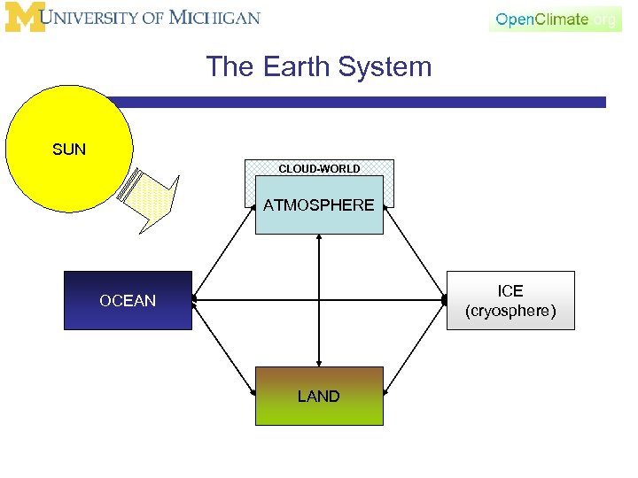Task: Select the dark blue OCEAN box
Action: [128, 301]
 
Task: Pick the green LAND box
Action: [319, 396]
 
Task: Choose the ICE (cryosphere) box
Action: [510, 301]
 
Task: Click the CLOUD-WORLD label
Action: [319, 168]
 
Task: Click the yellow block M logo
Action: [24, 18]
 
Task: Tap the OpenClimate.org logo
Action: [555, 19]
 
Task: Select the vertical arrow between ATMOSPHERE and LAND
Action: [319, 301]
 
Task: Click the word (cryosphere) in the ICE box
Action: [510, 312]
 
